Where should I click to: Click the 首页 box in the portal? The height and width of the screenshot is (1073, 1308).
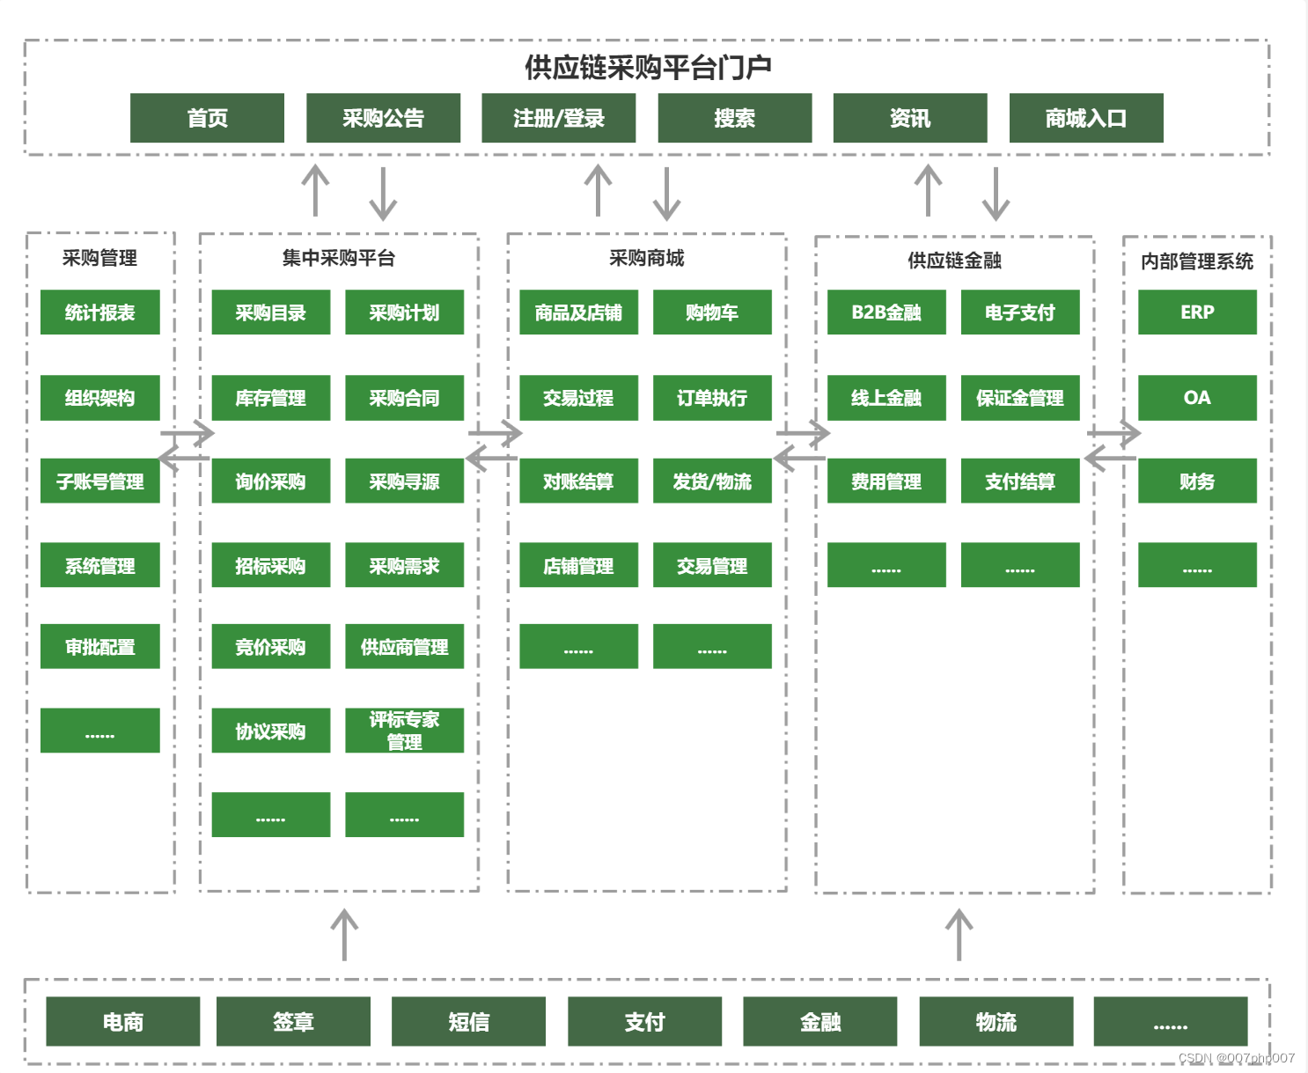pos(207,118)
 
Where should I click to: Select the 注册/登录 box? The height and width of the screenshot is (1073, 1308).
pos(558,118)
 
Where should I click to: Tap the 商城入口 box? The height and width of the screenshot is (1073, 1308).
pos(1085,118)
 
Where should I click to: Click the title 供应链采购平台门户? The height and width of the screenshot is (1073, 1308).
pos(648,67)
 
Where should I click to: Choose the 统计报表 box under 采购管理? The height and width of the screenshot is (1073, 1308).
pos(99,312)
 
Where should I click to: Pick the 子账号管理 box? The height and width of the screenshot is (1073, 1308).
pos(99,481)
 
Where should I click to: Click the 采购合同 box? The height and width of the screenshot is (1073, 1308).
pos(404,398)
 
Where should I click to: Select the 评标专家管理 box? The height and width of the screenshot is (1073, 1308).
pos(404,731)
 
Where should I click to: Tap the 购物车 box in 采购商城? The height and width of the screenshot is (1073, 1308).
pos(712,312)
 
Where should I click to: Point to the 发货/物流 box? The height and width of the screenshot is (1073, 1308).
pos(712,481)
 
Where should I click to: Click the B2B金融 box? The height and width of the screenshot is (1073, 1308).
pos(886,312)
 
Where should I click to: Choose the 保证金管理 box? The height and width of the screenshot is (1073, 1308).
pos(1020,398)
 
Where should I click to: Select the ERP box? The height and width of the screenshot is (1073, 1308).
pos(1197,312)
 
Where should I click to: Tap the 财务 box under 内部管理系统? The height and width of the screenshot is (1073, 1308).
pos(1197,481)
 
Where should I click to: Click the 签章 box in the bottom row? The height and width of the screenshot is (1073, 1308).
pos(293,1021)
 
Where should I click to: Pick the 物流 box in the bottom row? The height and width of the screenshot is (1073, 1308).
pos(996,1021)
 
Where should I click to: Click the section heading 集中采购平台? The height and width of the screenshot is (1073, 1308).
pos(339,258)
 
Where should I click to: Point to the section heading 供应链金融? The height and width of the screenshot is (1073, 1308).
pos(954,261)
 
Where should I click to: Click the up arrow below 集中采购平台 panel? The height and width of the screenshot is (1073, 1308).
pos(344,935)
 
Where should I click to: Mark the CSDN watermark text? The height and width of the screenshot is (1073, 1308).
pos(1236,1058)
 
